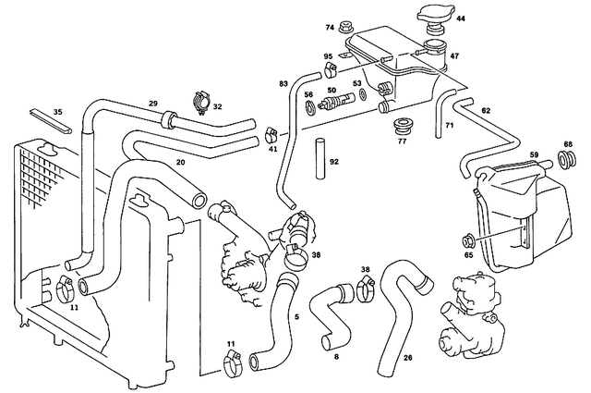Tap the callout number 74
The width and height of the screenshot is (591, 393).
pyautogui.click(x=329, y=28)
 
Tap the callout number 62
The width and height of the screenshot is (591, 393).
pyautogui.click(x=486, y=111)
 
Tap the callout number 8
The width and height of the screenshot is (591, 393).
pyautogui.click(x=335, y=355)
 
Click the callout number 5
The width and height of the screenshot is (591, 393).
pyautogui.click(x=296, y=317)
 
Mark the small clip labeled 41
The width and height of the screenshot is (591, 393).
pyautogui.click(x=271, y=132)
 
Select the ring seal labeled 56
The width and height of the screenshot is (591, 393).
pyautogui.click(x=310, y=105)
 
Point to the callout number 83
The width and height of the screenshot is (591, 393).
pyautogui.click(x=283, y=84)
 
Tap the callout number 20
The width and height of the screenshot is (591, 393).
pyautogui.click(x=181, y=163)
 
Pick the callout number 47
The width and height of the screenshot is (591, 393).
pyautogui.click(x=453, y=56)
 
